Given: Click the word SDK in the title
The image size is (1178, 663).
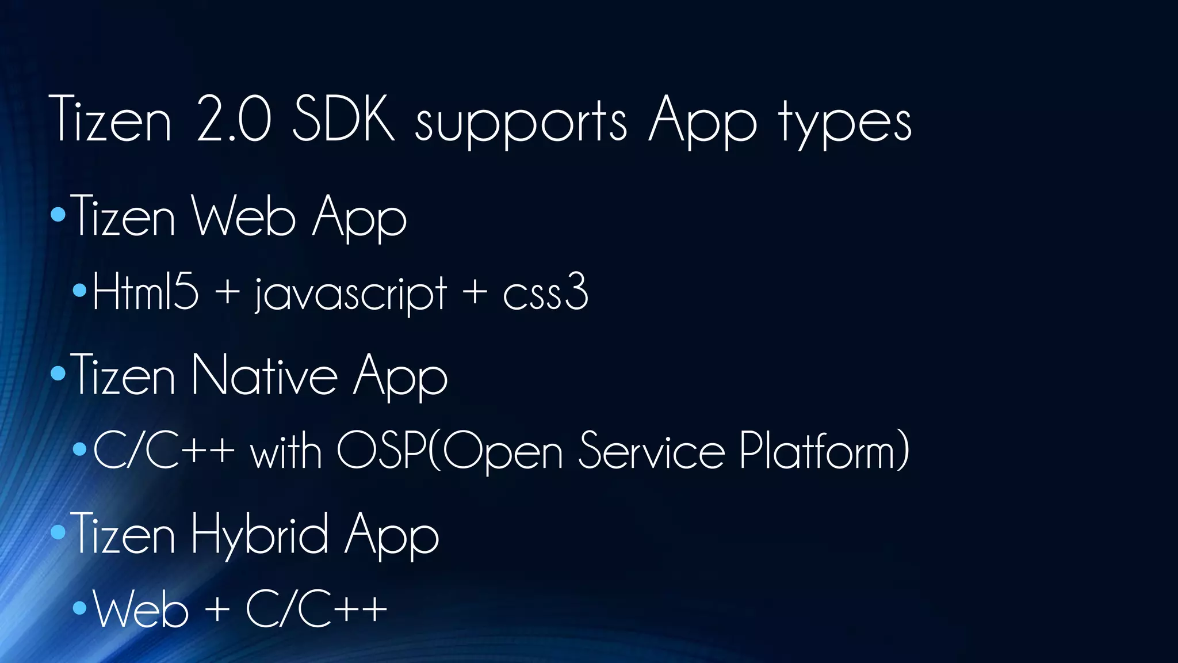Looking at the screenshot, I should (x=343, y=119).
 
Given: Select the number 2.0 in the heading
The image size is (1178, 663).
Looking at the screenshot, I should (x=233, y=119).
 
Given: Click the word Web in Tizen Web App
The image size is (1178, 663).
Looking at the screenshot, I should (x=243, y=216).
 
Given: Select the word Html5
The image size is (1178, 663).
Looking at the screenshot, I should (x=146, y=292).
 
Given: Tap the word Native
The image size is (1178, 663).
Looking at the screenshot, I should (x=265, y=375).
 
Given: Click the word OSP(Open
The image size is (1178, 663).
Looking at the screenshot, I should (x=449, y=451).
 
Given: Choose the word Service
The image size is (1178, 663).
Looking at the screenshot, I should (x=651, y=450).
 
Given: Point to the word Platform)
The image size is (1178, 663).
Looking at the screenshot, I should (x=824, y=450).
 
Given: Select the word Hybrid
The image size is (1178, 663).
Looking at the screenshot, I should (x=260, y=535).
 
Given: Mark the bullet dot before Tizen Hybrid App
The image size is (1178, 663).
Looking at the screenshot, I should (x=58, y=532).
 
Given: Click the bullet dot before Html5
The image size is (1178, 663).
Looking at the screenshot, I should (x=80, y=290).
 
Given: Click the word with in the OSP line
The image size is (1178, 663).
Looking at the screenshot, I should (x=286, y=451).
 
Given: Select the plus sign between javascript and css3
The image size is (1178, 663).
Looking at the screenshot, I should (x=475, y=291).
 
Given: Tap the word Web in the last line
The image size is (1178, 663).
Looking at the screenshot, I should (x=141, y=609).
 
